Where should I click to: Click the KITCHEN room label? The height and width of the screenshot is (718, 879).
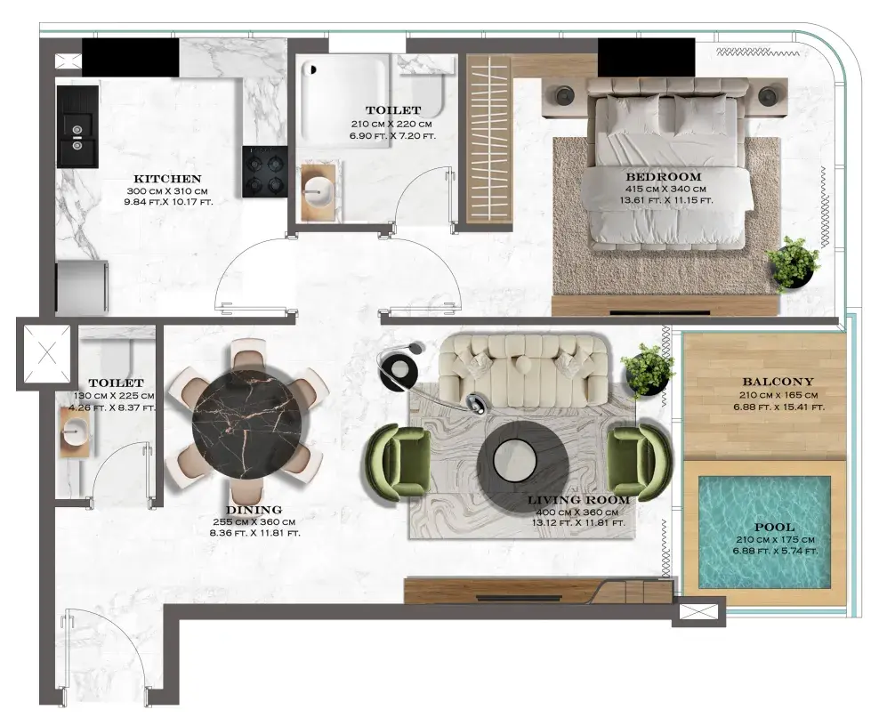click(167, 179)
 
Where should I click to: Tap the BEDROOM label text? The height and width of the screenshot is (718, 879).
click(664, 177)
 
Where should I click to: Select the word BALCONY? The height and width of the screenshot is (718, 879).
click(778, 382)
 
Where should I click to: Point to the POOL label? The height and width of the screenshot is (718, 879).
click(774, 527)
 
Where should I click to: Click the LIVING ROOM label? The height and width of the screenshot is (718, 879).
click(578, 499)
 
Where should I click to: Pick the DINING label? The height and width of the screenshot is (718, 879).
click(254, 510)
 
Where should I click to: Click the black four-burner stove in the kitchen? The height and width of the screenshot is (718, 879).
click(264, 172)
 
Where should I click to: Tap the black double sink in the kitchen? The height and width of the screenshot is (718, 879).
click(78, 126)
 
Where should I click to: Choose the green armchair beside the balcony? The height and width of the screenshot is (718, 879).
click(638, 462)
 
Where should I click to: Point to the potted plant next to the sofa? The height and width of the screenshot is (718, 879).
click(647, 370)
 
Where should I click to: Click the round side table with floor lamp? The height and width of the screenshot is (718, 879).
click(399, 369)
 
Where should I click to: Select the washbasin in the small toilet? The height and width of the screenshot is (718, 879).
click(75, 432)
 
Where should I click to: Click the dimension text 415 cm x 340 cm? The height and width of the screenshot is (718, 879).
click(665, 190)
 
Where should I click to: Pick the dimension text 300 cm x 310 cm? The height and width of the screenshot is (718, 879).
click(167, 191)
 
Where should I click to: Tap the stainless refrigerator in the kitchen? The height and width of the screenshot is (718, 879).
click(82, 286)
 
